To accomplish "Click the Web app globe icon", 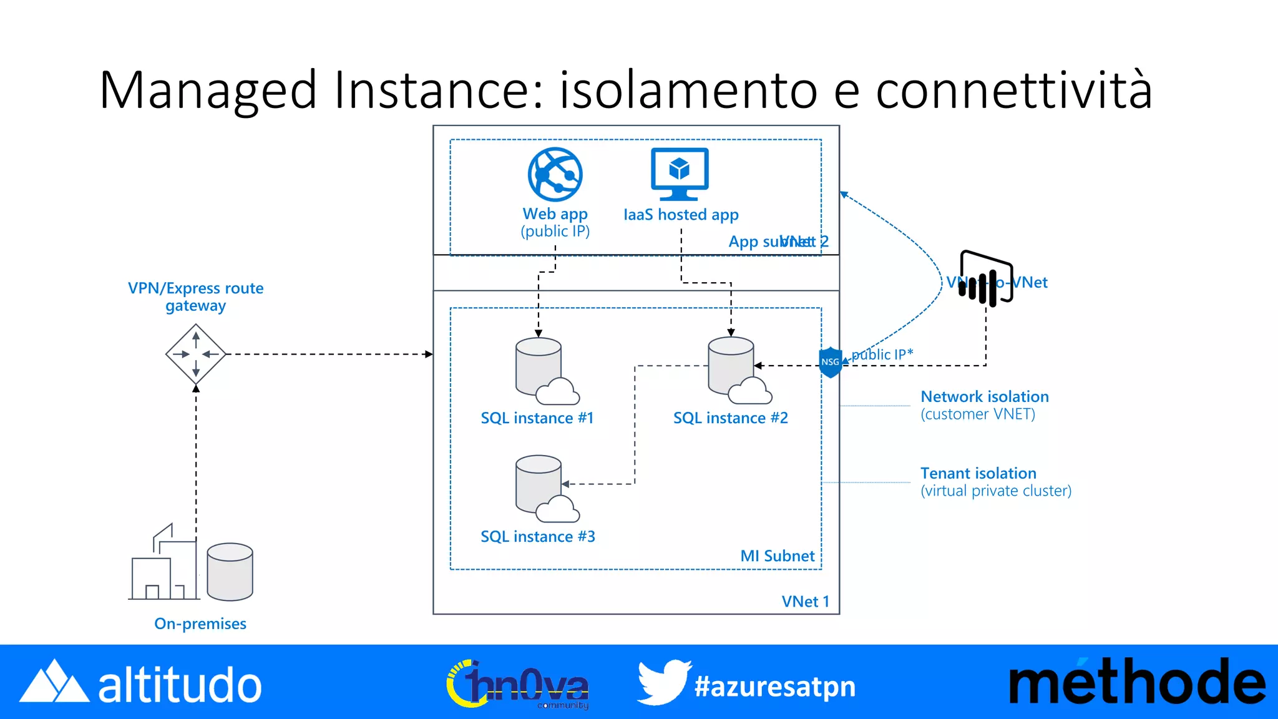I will [x=555, y=174].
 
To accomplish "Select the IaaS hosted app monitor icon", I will [x=680, y=174].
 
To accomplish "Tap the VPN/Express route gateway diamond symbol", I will [x=196, y=354].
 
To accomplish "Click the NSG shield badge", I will [x=830, y=362].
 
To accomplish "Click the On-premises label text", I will [x=200, y=624].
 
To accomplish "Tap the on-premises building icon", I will [x=163, y=565].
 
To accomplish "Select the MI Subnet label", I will [x=777, y=556].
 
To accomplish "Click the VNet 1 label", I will [x=805, y=602].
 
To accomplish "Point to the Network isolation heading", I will [x=984, y=397].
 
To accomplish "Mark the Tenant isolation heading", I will [x=978, y=474].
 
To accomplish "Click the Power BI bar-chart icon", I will [x=986, y=279].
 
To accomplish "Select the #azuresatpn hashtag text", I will [x=775, y=687].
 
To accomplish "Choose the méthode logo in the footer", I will [x=1136, y=682].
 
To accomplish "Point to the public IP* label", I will [x=882, y=355].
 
